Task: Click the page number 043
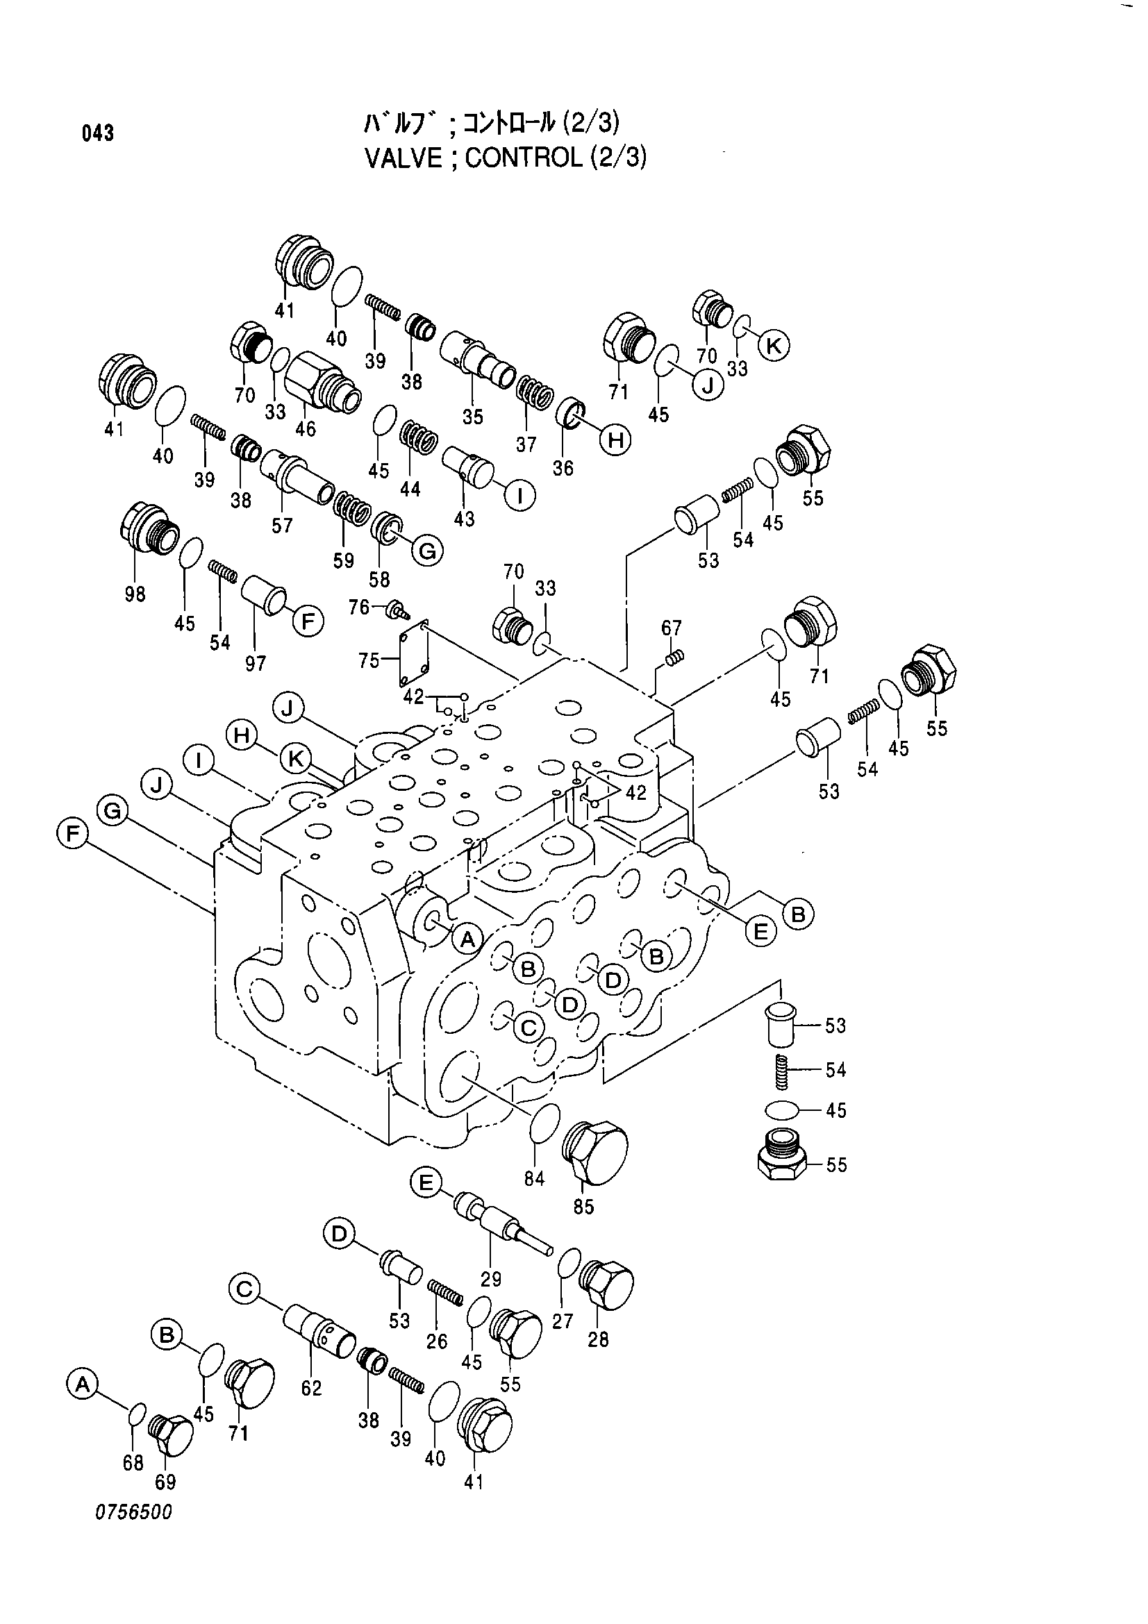99,133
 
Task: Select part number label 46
306,428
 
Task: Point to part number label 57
282,526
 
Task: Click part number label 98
135,594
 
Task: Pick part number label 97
256,663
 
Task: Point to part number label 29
491,1279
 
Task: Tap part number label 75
369,660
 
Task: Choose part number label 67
672,628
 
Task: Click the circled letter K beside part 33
774,346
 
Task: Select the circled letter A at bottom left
83,1384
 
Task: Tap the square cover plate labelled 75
413,655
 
